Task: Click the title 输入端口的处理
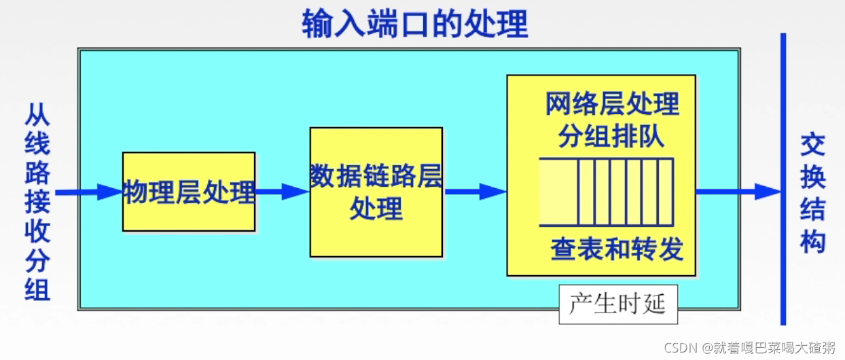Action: pos(415,24)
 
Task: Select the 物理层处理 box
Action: pos(189,192)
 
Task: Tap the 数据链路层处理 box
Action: pos(376,192)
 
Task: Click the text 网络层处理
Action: pos(612,105)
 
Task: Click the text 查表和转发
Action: pos(617,249)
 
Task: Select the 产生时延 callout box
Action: pos(617,304)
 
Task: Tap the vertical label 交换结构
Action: pos(812,194)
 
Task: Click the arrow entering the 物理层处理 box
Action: pos(88,192)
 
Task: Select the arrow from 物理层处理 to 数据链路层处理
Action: pos(282,192)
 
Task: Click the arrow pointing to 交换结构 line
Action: pos(737,192)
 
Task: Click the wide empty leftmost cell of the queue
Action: pos(558,192)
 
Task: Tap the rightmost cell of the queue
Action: pos(666,192)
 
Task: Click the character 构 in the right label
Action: pos(812,241)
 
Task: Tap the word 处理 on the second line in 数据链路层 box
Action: pos(376,208)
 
